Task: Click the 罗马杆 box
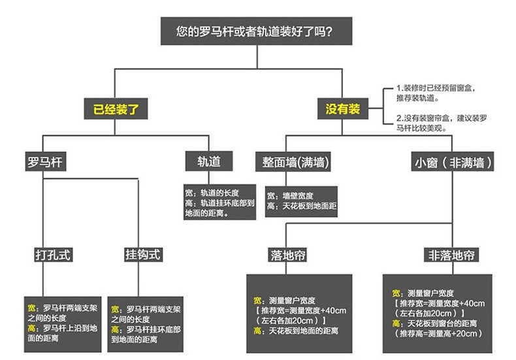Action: (44, 161)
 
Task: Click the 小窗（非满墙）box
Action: (452, 161)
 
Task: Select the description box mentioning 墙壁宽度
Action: (301, 203)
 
